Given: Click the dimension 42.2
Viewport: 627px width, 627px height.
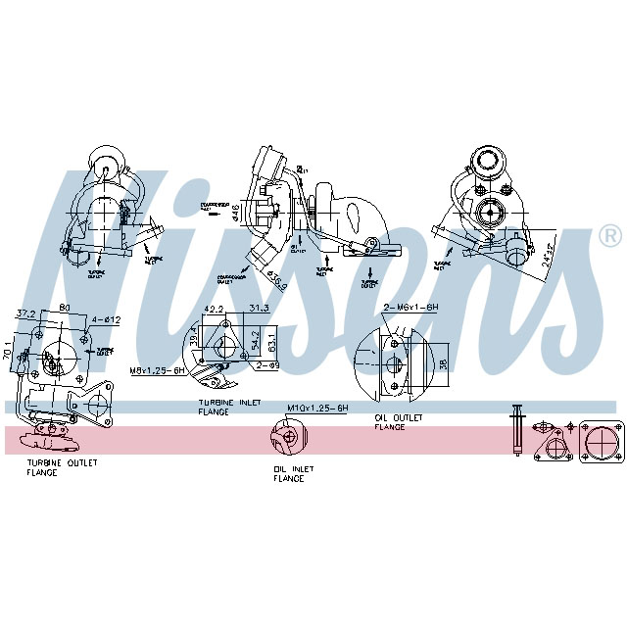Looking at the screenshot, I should click(212, 310).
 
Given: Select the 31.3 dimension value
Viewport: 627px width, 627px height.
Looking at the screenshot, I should click(259, 310).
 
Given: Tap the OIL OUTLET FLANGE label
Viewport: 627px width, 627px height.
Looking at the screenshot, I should click(398, 422).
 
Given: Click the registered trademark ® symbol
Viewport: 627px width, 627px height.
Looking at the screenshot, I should click(608, 236).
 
